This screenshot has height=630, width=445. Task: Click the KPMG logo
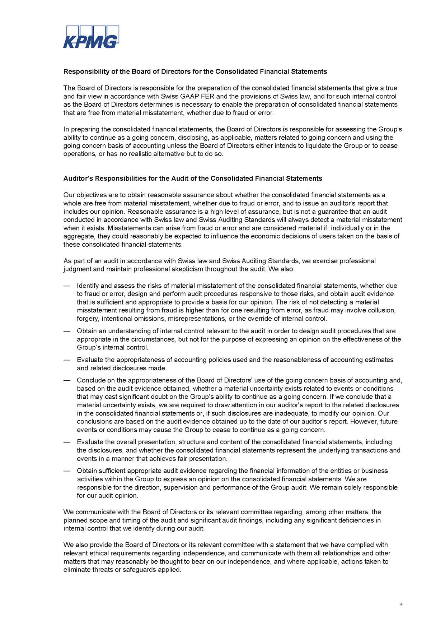click(x=91, y=37)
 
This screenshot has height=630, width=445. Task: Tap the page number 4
click(x=401, y=604)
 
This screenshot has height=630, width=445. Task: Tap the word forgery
click(x=88, y=319)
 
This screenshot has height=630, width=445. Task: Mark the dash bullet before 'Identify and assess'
click(x=66, y=286)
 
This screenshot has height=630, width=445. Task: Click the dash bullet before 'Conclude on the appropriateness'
click(x=66, y=380)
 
